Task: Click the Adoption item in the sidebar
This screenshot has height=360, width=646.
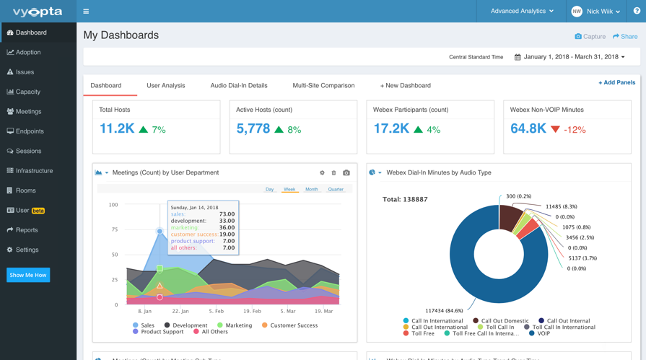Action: click(24, 53)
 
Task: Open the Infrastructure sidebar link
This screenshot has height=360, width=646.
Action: click(30, 170)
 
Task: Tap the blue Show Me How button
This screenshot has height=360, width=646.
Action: click(28, 275)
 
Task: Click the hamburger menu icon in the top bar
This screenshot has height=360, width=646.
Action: click(86, 11)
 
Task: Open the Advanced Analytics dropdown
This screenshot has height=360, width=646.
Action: click(522, 11)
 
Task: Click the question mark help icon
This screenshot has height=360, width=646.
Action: click(637, 11)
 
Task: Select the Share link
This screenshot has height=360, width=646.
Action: click(625, 36)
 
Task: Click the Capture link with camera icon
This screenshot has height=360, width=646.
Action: click(590, 36)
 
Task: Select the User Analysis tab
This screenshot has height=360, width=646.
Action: click(165, 85)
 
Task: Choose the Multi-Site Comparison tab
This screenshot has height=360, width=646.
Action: click(323, 85)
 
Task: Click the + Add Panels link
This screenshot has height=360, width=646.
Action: click(616, 82)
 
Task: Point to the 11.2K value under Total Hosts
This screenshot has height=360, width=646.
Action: click(117, 128)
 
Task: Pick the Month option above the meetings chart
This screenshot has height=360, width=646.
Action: click(312, 189)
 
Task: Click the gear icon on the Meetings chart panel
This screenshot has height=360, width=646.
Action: click(322, 172)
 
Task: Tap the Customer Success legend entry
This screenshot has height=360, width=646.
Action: click(289, 325)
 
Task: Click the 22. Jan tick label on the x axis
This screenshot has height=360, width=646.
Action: click(180, 311)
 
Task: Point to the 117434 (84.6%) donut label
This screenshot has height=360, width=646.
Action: click(444, 310)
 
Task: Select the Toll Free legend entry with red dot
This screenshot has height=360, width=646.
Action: click(419, 333)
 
